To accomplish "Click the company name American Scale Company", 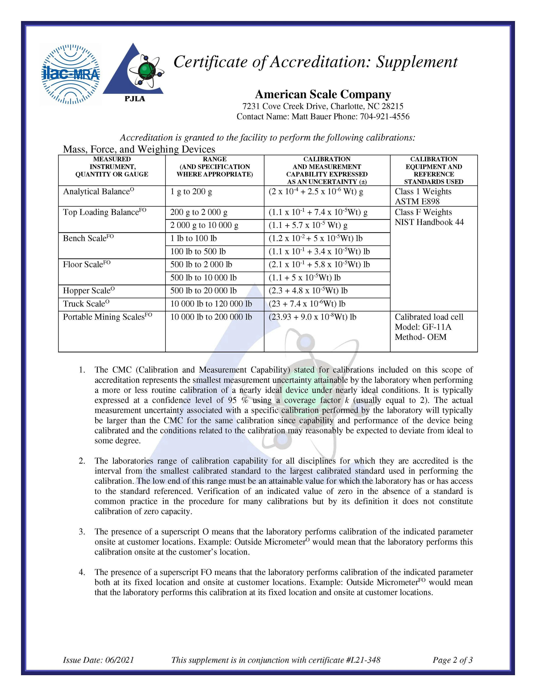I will (x=323, y=94).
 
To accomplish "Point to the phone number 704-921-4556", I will (x=384, y=117).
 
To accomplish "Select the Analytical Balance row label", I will (x=98, y=192).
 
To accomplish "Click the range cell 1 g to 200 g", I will (x=191, y=192).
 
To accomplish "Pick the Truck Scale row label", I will (x=86, y=304).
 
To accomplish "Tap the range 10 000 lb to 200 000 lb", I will (x=211, y=317).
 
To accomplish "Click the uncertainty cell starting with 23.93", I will (x=312, y=317).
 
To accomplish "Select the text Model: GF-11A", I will (x=423, y=327).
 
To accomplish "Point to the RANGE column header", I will (x=215, y=159).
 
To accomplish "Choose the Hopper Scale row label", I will (x=89, y=291).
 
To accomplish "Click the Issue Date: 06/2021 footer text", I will (x=98, y=660).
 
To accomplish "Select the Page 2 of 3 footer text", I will (x=452, y=660).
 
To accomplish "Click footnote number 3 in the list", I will (x=82, y=532).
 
